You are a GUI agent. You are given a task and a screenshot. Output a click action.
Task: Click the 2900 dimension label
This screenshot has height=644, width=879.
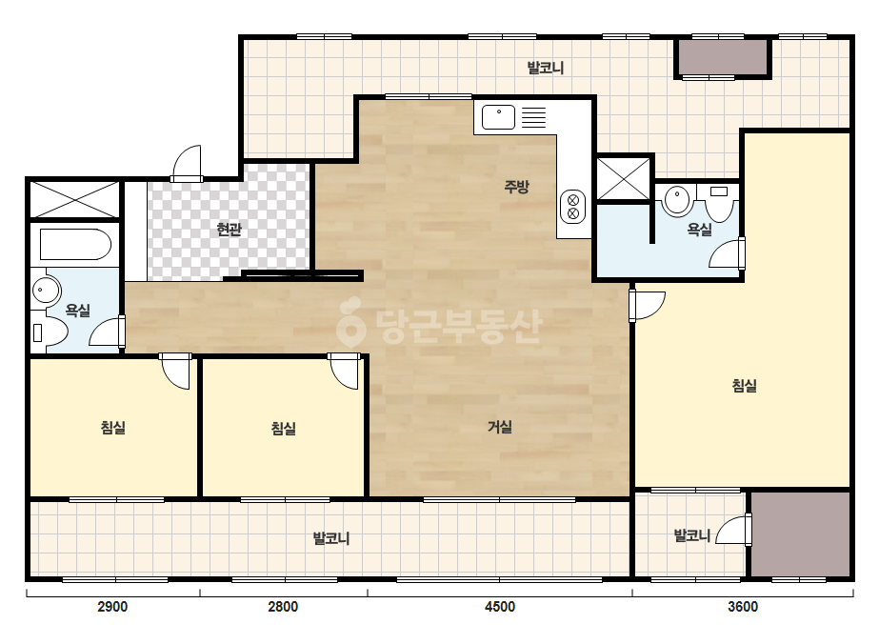[x=112, y=607]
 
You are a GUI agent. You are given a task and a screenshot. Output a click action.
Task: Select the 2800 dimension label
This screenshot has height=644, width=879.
[x=283, y=607]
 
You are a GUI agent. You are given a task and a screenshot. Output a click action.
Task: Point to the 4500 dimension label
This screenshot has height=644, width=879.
[x=499, y=607]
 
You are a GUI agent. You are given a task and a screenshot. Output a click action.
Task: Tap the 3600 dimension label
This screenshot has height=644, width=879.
[x=743, y=607]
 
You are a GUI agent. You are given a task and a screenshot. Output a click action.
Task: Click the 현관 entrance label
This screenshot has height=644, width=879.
[x=229, y=229]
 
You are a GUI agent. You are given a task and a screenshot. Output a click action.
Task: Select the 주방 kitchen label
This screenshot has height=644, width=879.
[x=516, y=186]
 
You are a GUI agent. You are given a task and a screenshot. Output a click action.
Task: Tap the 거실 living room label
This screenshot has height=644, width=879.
[x=499, y=427]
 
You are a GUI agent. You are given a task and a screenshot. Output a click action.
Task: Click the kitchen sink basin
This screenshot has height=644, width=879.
[x=498, y=117]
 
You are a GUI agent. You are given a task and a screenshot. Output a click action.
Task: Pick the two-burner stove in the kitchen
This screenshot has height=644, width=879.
[x=573, y=207]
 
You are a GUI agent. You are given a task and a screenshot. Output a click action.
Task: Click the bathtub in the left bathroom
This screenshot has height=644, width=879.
[x=75, y=244]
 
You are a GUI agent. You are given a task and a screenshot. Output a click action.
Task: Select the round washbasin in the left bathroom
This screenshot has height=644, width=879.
[x=45, y=291]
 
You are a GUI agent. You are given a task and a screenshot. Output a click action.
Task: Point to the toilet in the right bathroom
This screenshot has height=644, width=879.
[x=719, y=203]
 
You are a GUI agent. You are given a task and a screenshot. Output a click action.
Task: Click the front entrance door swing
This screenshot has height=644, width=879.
[x=186, y=164]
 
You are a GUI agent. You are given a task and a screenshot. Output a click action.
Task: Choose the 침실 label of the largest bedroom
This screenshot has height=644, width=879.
[x=745, y=386]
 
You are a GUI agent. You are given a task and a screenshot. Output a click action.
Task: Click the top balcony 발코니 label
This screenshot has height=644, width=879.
[x=545, y=68]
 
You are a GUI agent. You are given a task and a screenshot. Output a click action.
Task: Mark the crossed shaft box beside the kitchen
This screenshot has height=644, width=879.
[x=624, y=178]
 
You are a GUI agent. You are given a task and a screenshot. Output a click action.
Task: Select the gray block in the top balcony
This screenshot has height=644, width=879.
[x=723, y=56]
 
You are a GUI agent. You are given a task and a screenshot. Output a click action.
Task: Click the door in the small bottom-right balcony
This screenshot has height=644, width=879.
[x=734, y=530]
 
